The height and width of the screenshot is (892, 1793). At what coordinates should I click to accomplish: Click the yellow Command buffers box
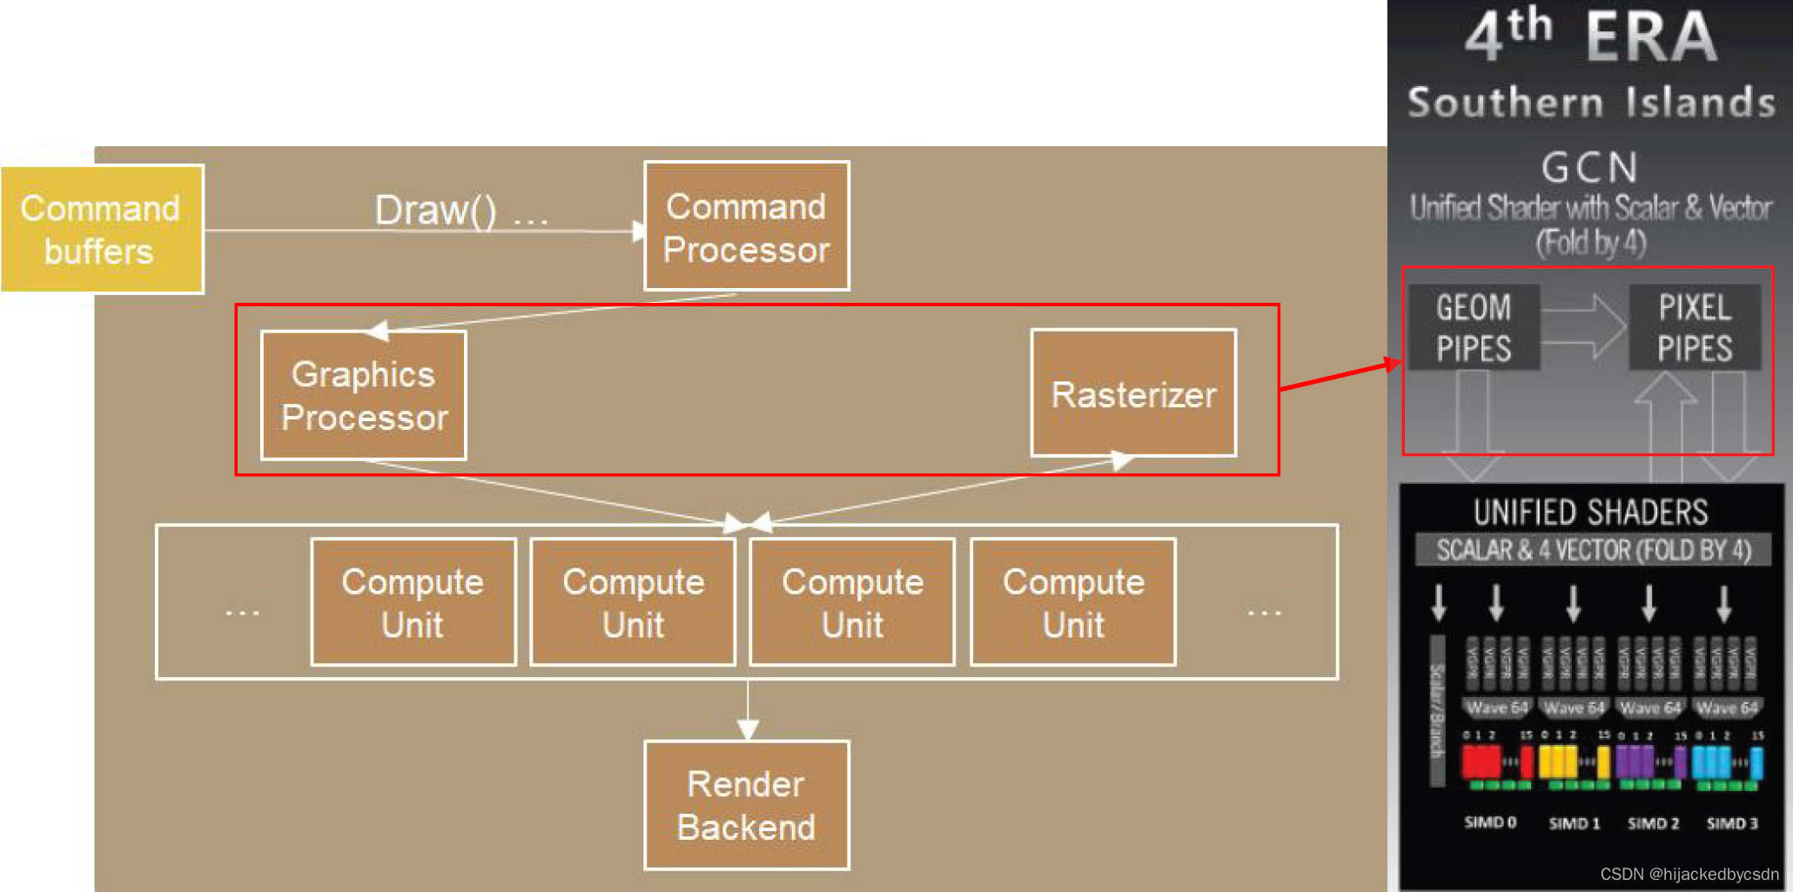(x=102, y=230)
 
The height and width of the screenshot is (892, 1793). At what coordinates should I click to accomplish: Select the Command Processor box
(x=746, y=226)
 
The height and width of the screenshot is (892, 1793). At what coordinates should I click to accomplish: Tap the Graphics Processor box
(x=364, y=395)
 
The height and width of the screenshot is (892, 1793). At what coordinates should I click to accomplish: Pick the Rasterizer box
(x=1133, y=393)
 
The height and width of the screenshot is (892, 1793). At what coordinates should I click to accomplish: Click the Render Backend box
(x=746, y=805)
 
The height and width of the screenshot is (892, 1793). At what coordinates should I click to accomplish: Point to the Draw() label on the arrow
(x=435, y=211)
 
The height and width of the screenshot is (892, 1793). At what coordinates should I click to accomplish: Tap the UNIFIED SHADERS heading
(x=1590, y=513)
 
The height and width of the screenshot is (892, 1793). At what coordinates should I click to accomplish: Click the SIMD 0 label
(x=1490, y=822)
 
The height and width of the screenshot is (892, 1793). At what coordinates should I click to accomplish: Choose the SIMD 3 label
(x=1732, y=823)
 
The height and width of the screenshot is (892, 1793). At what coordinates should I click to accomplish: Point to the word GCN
(x=1589, y=167)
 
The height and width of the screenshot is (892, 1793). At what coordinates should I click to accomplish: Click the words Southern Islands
(x=1591, y=103)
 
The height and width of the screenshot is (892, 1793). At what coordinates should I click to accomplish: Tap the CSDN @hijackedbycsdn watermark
(x=1689, y=874)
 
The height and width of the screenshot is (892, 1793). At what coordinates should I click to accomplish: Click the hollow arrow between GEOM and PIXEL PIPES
(x=1584, y=327)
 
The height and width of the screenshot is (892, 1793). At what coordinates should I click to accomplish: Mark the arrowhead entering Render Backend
(x=748, y=728)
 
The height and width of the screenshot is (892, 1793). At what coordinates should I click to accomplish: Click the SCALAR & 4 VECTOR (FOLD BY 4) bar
(x=1593, y=550)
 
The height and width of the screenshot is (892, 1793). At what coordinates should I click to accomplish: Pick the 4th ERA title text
(x=1591, y=37)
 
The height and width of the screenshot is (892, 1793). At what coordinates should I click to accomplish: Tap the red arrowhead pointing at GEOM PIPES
(x=1393, y=364)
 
